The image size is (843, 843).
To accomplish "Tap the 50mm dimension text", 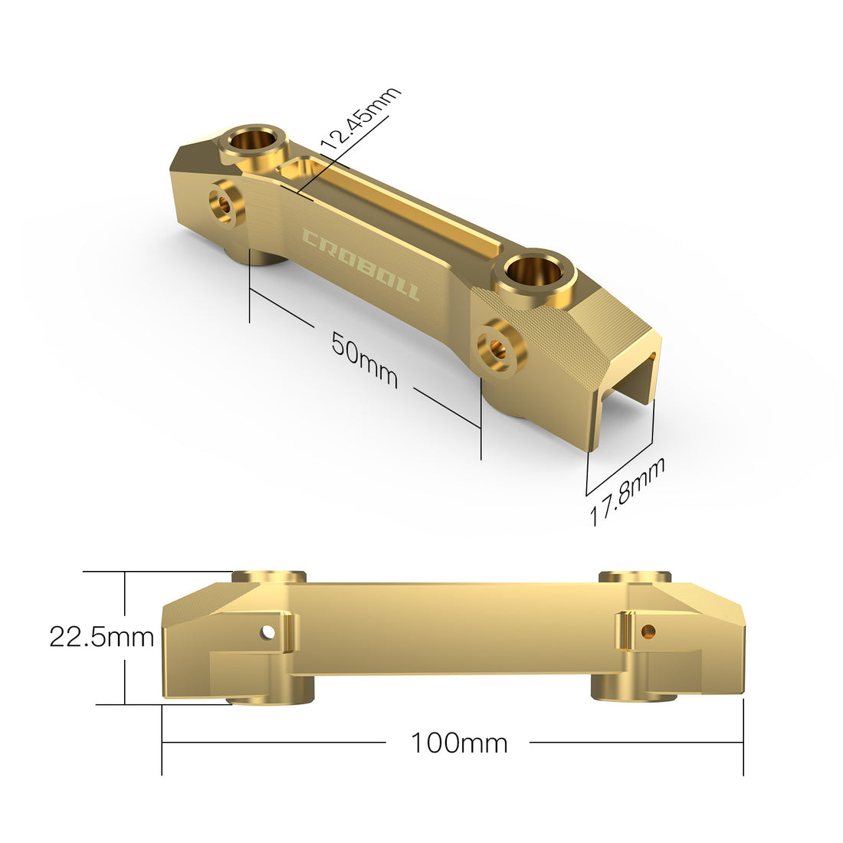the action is (364, 359).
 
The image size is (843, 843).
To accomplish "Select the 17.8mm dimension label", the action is (627, 490).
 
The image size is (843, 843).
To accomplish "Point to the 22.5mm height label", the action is (102, 637).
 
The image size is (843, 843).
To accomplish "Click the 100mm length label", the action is (459, 743).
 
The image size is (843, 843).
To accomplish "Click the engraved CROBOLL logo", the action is (361, 264).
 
